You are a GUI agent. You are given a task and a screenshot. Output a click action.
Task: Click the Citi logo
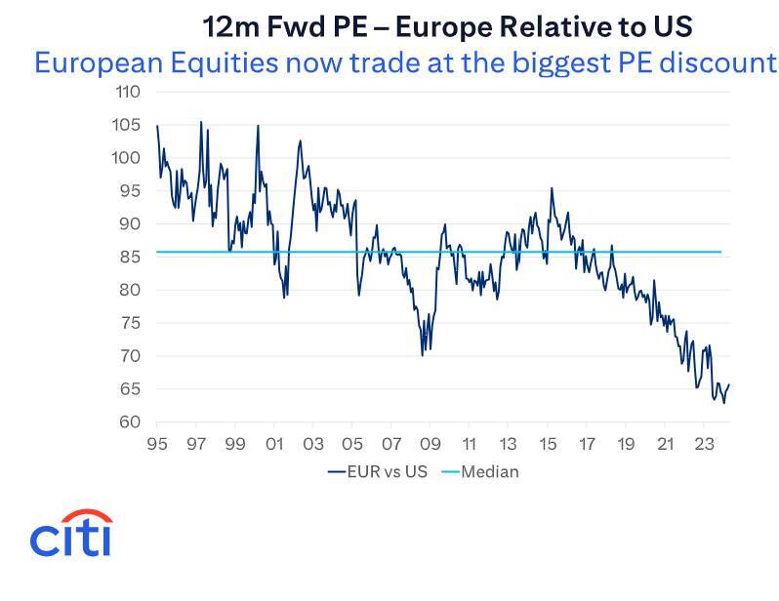click(x=70, y=533)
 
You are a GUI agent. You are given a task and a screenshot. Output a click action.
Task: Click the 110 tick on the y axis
click(x=129, y=93)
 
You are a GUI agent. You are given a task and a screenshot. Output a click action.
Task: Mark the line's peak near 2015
click(x=552, y=188)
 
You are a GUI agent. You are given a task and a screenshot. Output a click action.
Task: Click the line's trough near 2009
click(x=422, y=355)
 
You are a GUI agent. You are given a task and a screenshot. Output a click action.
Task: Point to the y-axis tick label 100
click(x=129, y=158)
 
